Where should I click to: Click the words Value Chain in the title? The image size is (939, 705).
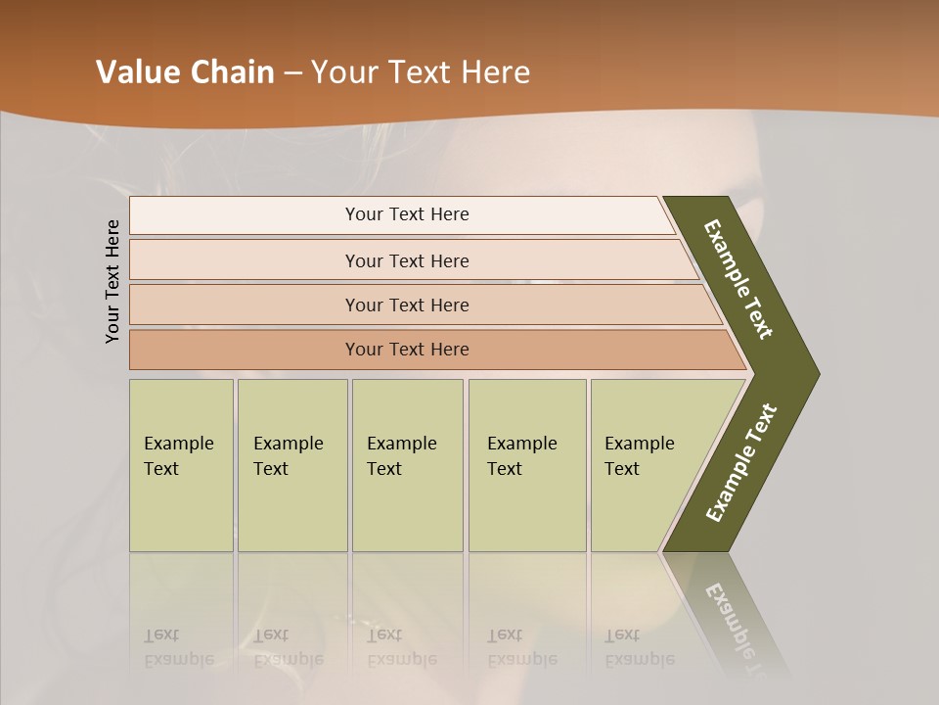coord(185,72)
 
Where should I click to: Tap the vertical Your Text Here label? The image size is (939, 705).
coord(112,281)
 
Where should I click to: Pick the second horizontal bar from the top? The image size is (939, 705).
coord(406,260)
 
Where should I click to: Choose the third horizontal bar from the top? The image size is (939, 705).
coord(406,305)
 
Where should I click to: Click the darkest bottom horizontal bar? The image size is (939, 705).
coord(406,350)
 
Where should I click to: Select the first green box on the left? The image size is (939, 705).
coord(181,465)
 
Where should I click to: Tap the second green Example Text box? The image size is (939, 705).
coord(292,465)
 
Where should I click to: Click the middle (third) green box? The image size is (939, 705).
coord(407,465)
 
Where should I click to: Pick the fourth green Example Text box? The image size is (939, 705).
coord(527,465)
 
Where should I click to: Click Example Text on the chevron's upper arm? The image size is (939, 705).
coord(738,279)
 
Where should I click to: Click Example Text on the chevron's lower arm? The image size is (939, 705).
coord(741,462)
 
